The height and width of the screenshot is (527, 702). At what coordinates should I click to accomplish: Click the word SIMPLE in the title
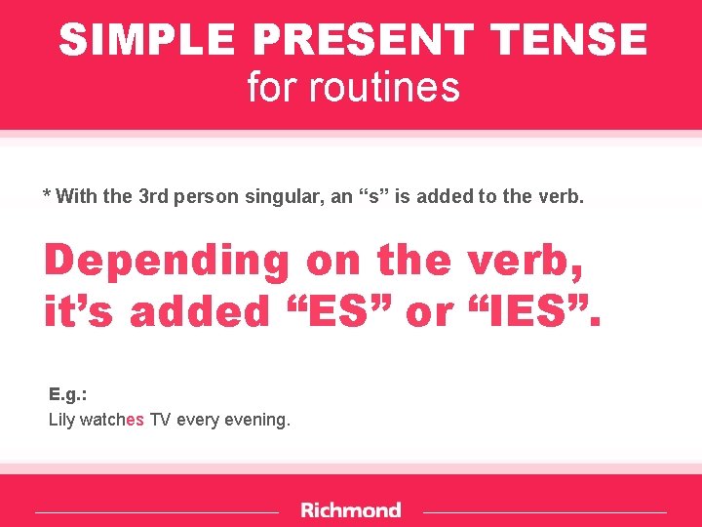click(x=147, y=40)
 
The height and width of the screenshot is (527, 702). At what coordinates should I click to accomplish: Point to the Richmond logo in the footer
click(x=351, y=510)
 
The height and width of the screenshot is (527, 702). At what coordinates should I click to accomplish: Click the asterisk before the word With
click(x=47, y=194)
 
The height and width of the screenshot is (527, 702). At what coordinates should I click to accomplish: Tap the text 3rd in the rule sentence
click(x=154, y=196)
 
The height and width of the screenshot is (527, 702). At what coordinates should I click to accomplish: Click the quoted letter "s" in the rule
click(x=370, y=196)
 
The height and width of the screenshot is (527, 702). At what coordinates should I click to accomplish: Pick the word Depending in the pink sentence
click(x=167, y=262)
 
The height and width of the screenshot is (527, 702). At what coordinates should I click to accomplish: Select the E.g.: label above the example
click(x=67, y=394)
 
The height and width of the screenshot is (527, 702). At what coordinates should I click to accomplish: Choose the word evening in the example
click(x=258, y=421)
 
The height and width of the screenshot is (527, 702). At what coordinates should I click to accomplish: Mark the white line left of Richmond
click(x=156, y=511)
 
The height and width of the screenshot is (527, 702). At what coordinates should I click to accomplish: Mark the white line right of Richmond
click(x=545, y=511)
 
